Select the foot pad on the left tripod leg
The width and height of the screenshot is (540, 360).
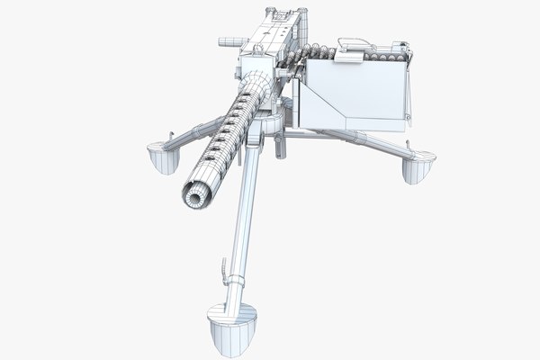pos(160,159)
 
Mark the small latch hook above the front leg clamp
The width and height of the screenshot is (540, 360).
pos(221,266)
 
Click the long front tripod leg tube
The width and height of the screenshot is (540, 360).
pos(241,216)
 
